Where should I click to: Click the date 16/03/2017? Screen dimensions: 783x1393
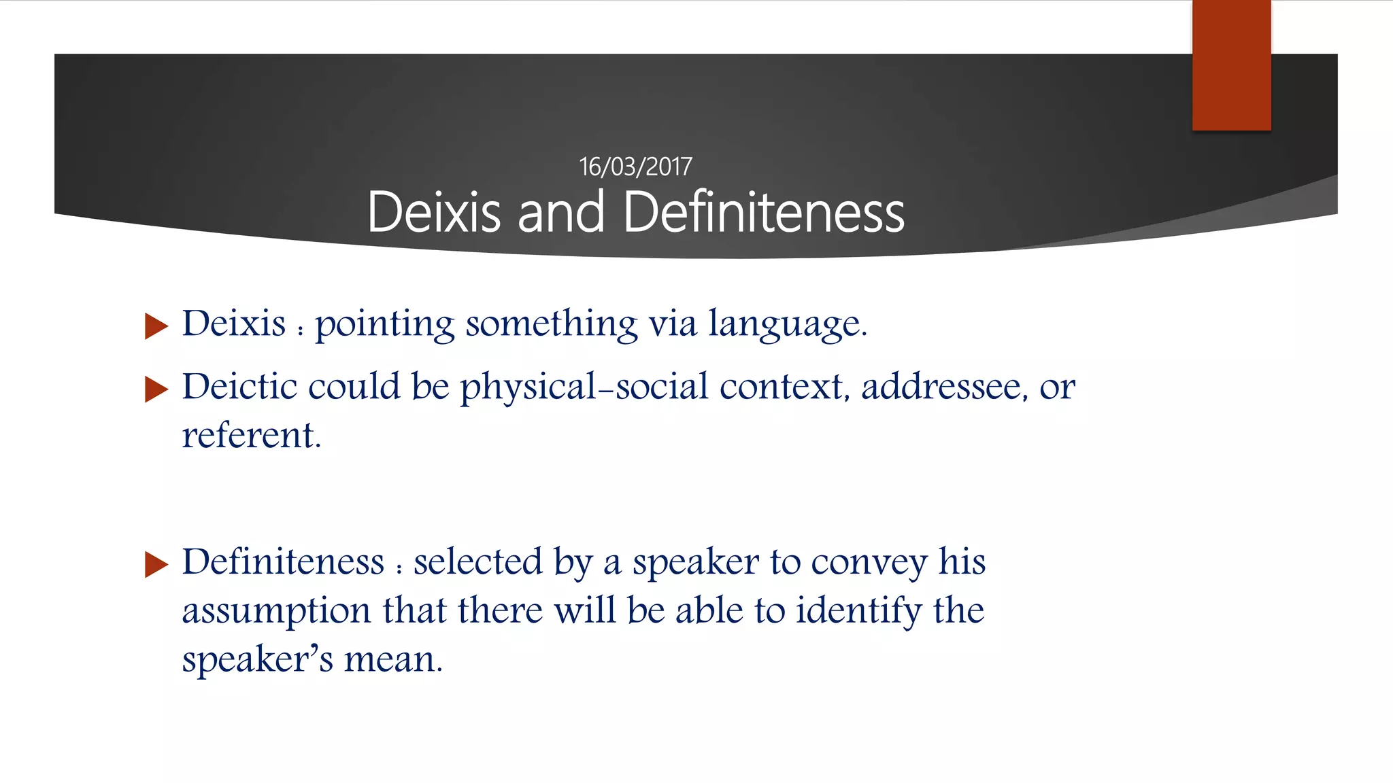click(635, 167)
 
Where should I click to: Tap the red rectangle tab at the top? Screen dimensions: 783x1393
click(1231, 65)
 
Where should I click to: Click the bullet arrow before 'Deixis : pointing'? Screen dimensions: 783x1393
click(156, 326)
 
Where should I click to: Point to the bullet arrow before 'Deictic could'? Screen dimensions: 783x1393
click(156, 389)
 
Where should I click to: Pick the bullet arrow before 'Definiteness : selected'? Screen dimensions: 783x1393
click(156, 565)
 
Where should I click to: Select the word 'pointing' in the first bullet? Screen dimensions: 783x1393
click(384, 324)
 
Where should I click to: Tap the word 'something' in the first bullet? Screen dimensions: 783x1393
click(552, 324)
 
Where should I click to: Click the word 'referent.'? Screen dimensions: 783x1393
click(251, 436)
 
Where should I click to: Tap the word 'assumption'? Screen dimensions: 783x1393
click(276, 611)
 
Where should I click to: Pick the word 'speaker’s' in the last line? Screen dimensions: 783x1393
click(258, 659)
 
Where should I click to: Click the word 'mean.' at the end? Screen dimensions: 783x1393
click(393, 659)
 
